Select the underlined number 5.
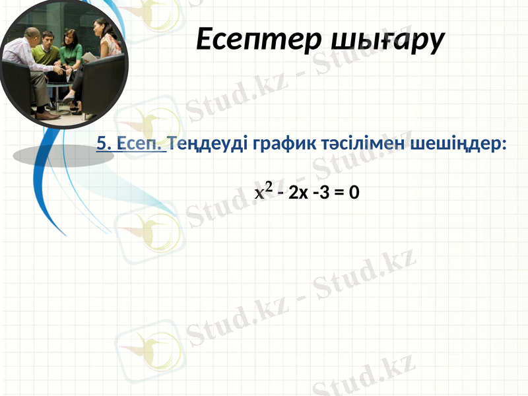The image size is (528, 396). click(102, 143)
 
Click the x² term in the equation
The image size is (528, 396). click(263, 192)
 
